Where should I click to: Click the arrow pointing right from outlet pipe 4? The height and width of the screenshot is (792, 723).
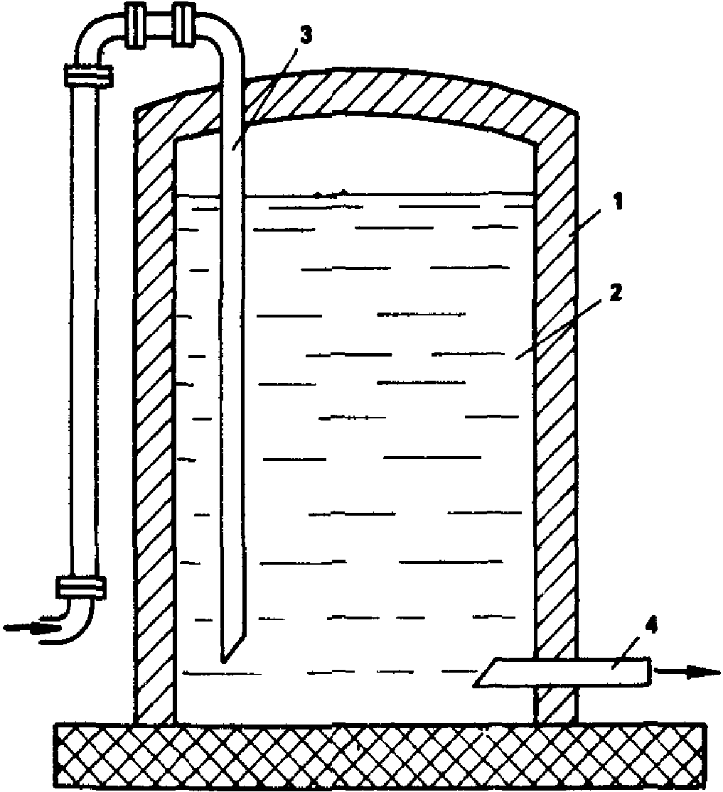tap(686, 671)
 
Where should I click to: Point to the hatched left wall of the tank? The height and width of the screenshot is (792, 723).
tap(155, 426)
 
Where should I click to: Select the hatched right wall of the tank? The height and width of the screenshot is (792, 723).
tap(556, 426)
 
